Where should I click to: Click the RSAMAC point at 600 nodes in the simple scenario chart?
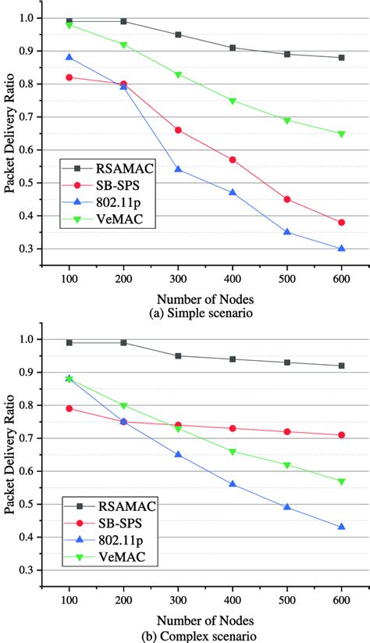[x=341, y=57]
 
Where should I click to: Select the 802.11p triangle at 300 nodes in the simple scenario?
[x=178, y=170]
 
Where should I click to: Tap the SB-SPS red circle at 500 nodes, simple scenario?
[x=287, y=199]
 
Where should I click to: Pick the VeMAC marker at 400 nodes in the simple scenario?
[x=233, y=100]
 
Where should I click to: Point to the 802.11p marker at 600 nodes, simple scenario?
[x=341, y=248]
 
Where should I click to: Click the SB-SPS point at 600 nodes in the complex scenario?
[x=341, y=435]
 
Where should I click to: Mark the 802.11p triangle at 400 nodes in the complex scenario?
[x=233, y=484]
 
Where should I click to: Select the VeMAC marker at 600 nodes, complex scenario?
[x=341, y=481]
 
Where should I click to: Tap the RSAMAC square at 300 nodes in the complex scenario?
[x=178, y=355]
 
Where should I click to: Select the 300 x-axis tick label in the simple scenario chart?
[x=178, y=277]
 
